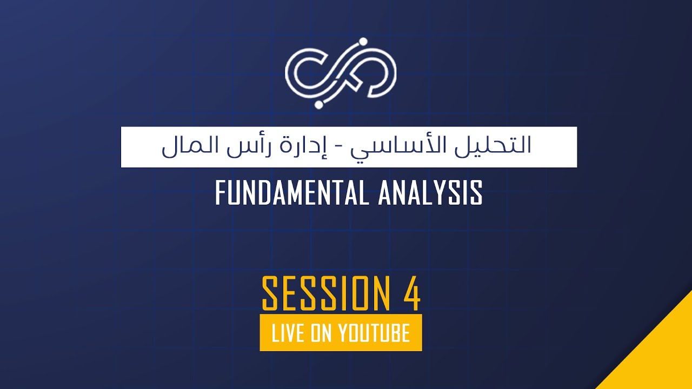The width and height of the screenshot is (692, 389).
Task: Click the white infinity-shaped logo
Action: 341,73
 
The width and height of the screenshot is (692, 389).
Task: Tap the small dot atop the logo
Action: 363,41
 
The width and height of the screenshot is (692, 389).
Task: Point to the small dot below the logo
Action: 319,104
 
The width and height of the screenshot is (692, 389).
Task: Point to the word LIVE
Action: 289,333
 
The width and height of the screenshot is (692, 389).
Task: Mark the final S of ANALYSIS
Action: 475,193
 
